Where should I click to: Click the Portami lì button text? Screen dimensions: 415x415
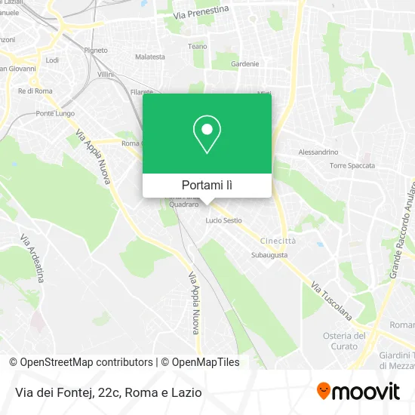coord(207,185)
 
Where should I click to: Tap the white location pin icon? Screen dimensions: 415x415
coord(207,134)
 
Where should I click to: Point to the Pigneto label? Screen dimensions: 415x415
coord(96,51)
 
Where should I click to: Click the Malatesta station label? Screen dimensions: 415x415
coord(149,57)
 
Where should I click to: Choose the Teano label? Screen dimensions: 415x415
coord(197,46)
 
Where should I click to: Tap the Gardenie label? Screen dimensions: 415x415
coord(245,64)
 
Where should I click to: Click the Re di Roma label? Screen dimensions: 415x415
coord(35,91)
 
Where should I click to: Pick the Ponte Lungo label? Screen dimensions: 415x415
coord(52,113)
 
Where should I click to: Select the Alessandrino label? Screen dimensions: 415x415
coord(318,152)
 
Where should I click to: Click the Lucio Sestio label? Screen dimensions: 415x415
coord(224,220)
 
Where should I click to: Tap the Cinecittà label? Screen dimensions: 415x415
coord(278,240)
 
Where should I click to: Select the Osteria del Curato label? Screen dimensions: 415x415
coord(344,340)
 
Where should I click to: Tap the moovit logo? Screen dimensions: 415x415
coord(358,392)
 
